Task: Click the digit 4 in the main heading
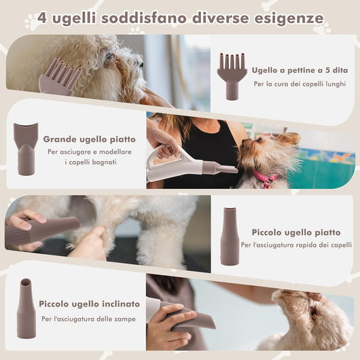pyautogui.click(x=42, y=18)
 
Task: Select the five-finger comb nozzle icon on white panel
pyautogui.click(x=232, y=77)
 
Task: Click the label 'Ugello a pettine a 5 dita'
pyautogui.click(x=300, y=70)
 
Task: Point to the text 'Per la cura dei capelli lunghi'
pyautogui.click(x=300, y=84)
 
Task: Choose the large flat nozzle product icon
pyautogui.click(x=26, y=149)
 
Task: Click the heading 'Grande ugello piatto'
pyautogui.click(x=89, y=139)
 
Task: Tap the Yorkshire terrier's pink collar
pyautogui.click(x=265, y=177)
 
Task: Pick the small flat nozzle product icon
pyautogui.click(x=230, y=236)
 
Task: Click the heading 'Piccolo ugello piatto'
pyautogui.click(x=296, y=232)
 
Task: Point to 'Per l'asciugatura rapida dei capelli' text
pyautogui.click(x=296, y=245)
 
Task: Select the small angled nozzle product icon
pyautogui.click(x=26, y=308)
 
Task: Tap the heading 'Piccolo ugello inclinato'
pyautogui.click(x=89, y=304)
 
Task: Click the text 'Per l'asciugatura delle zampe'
pyautogui.click(x=88, y=319)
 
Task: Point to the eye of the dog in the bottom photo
pyautogui.click(x=313, y=312)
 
